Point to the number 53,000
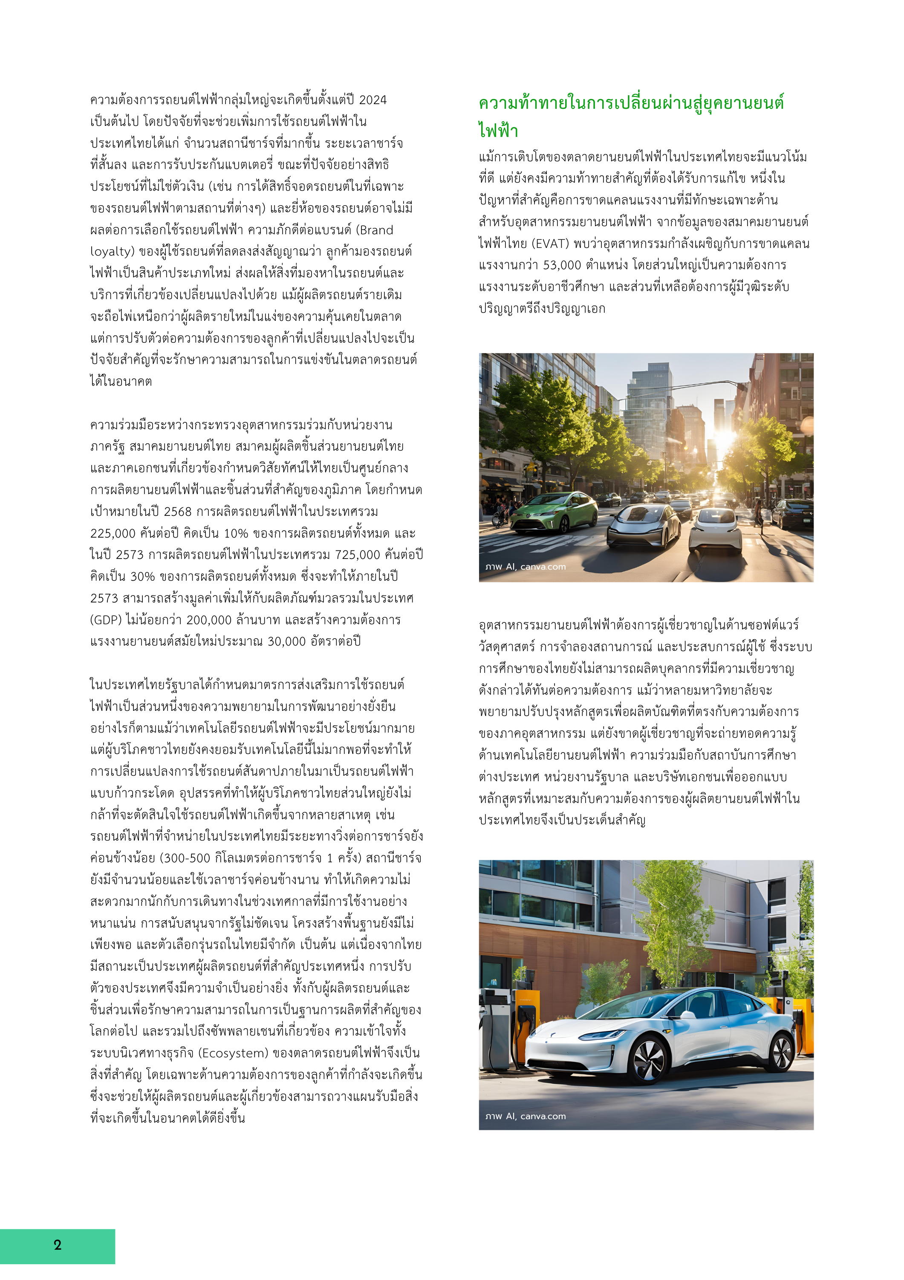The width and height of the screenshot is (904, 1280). [x=562, y=265]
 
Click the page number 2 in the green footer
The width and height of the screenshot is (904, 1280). [x=58, y=1245]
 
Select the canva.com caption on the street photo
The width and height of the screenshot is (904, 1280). [x=543, y=567]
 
